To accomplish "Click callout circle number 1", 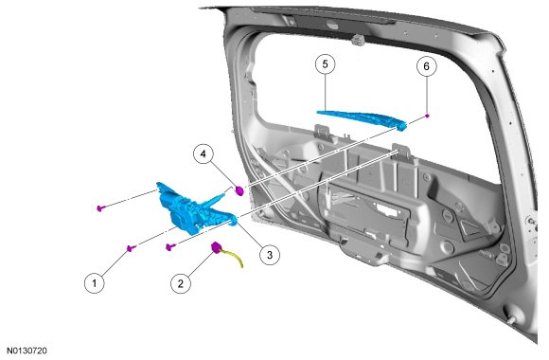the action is tap(95, 282).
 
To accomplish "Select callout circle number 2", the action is tap(181, 283).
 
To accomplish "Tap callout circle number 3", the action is tap(270, 255).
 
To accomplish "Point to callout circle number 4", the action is tap(204, 153).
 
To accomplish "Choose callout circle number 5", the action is tap(325, 64).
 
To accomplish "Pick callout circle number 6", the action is tap(427, 66).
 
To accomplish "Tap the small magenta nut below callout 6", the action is tap(427, 116).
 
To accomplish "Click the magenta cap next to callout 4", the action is tap(239, 191).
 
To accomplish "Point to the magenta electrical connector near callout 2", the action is tap(217, 248).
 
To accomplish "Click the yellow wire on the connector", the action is tap(234, 258).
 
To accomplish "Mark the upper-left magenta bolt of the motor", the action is tap(101, 208).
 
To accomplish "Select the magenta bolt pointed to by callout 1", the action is tap(131, 248).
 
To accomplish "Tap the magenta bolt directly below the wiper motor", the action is tap(170, 247).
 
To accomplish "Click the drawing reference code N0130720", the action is tap(27, 351).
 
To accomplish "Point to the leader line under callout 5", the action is tap(326, 93).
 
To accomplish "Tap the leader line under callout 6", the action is tap(427, 95).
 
